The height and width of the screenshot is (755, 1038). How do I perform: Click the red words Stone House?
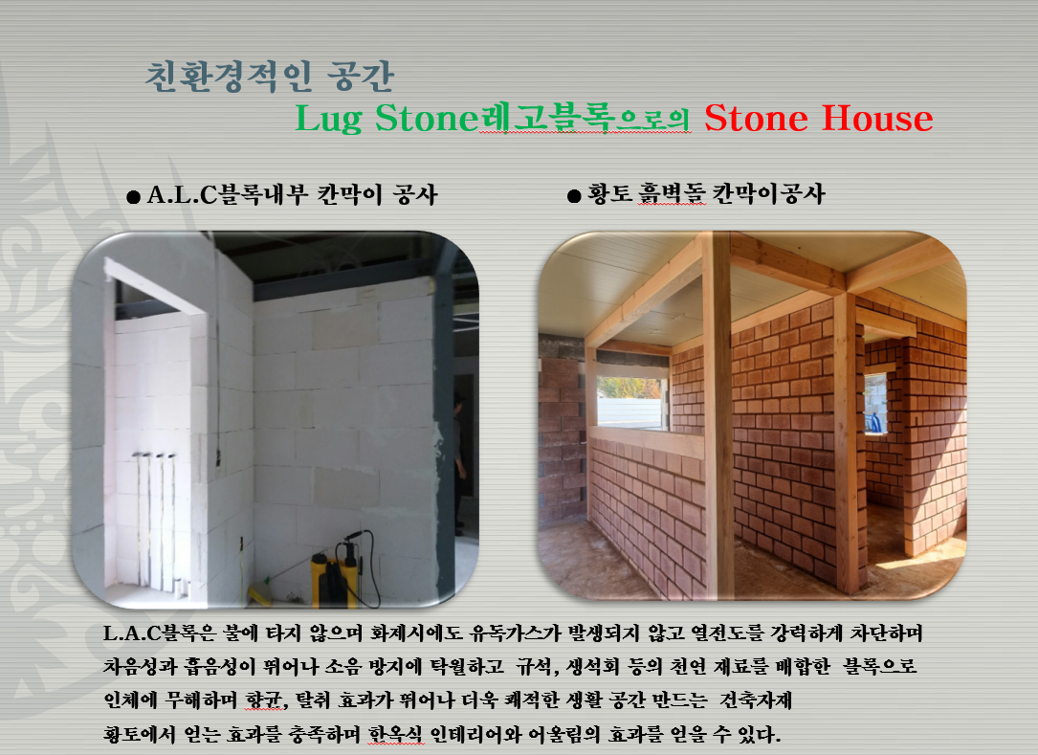click(818, 119)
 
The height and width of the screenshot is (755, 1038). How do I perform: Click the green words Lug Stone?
click(386, 120)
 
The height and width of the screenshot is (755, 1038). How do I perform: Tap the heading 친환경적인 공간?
click(270, 77)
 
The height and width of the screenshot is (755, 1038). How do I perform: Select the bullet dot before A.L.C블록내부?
click(133, 197)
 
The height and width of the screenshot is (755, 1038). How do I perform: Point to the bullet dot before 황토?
click(574, 196)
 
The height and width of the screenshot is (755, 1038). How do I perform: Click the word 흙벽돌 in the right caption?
click(672, 194)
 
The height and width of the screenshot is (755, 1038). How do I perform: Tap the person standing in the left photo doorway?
click(459, 463)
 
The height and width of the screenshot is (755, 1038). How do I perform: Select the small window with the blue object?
click(875, 403)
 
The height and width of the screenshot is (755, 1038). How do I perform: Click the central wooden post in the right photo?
click(717, 416)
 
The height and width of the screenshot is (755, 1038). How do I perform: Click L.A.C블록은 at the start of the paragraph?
click(160, 633)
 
